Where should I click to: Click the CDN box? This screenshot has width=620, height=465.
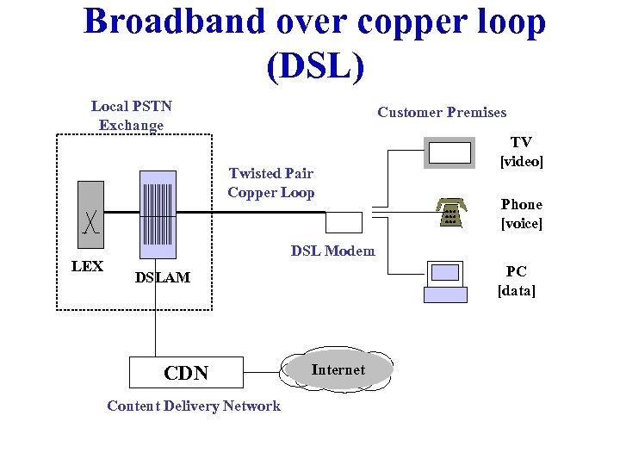(x=186, y=372)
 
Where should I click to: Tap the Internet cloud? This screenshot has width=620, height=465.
(x=338, y=370)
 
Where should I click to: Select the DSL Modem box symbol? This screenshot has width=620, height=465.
(x=344, y=222)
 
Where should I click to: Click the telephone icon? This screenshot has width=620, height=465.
(x=449, y=212)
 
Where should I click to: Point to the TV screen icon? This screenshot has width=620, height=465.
(x=449, y=153)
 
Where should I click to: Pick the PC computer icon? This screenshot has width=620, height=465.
(x=445, y=282)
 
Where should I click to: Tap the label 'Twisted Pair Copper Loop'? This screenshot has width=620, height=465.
(x=270, y=183)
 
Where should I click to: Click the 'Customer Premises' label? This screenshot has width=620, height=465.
(x=442, y=112)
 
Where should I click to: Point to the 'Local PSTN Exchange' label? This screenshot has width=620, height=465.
(x=131, y=115)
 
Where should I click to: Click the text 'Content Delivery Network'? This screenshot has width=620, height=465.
(x=194, y=406)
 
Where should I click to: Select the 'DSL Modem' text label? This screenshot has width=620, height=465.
(x=332, y=251)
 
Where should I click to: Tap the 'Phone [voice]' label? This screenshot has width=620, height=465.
(x=521, y=214)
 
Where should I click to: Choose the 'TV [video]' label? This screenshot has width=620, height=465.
(x=521, y=152)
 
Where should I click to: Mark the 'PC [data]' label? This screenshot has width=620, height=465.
(x=517, y=281)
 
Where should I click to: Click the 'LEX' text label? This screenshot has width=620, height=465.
(x=87, y=266)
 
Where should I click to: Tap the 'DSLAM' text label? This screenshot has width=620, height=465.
(x=163, y=277)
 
